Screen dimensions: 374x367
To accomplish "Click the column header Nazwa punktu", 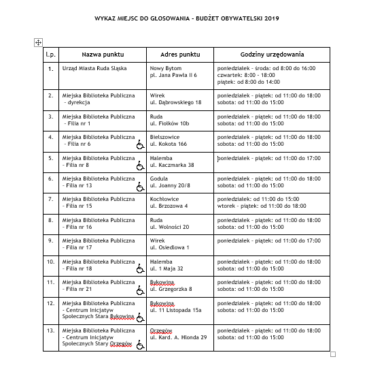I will point(103,54).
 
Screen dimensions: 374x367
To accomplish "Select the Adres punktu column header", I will point(180,54).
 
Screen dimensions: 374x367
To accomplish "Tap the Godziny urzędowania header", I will point(272,54).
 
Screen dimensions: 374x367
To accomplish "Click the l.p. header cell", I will point(50,54).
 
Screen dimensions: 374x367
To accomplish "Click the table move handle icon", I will point(38,42).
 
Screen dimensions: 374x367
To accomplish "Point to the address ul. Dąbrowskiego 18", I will point(176,102).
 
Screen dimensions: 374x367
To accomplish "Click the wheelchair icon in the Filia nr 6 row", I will point(141,144).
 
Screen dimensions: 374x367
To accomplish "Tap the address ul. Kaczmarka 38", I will point(173,165).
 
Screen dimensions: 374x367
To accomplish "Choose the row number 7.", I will point(50,200).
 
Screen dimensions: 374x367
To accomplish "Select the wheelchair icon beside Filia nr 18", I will point(141,269).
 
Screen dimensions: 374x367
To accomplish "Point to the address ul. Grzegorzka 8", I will point(172,289).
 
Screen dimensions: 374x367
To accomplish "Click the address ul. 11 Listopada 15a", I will point(177,310).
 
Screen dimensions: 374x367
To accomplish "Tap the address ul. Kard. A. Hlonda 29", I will point(179,337).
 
